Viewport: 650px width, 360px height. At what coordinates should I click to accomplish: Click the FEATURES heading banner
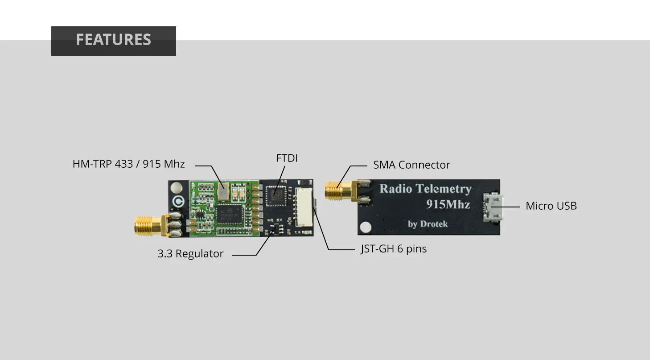(x=113, y=40)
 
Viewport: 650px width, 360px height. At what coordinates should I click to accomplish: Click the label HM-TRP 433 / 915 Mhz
(x=128, y=164)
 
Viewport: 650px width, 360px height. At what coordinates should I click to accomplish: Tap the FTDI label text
(x=287, y=158)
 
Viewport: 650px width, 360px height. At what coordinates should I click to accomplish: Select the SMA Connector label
(x=411, y=165)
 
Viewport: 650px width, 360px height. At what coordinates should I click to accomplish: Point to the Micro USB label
(x=551, y=206)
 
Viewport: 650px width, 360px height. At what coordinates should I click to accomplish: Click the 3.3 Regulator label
(x=190, y=254)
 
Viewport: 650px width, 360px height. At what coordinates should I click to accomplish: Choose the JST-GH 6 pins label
(x=394, y=248)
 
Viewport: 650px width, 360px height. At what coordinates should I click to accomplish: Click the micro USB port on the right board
(x=493, y=207)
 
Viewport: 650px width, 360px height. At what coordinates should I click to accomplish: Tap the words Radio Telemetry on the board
(x=425, y=189)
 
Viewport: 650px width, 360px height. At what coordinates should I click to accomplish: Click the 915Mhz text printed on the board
(x=448, y=204)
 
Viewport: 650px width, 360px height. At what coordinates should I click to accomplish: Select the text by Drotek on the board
(x=428, y=224)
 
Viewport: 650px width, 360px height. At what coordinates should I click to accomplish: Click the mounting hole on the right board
(x=365, y=228)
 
